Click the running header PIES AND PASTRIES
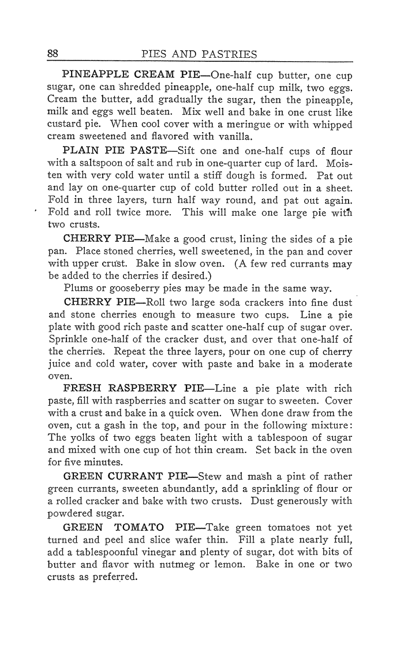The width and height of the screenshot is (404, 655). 199,54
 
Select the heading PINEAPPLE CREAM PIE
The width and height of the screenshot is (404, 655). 126,76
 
